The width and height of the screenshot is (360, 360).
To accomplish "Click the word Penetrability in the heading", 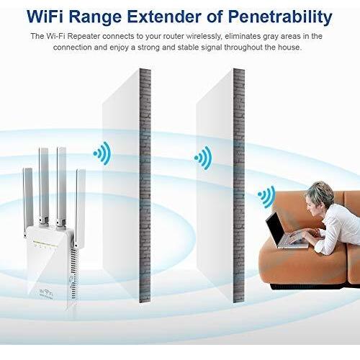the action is pos(280,17).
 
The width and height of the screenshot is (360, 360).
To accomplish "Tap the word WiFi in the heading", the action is pos(45,17).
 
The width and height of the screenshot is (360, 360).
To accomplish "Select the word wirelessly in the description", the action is pos(203,37).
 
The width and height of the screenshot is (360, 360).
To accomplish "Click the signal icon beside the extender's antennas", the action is pos(102,153).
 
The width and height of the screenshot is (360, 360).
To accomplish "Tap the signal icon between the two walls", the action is pos(204,158).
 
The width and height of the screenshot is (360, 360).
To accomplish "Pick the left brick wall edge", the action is pos(145,185).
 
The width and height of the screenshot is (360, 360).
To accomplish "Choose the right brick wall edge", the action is pos(239,185).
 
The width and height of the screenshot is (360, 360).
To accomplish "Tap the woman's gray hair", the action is pos(320,192).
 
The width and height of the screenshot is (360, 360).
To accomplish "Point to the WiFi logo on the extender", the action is pos(46,293).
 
